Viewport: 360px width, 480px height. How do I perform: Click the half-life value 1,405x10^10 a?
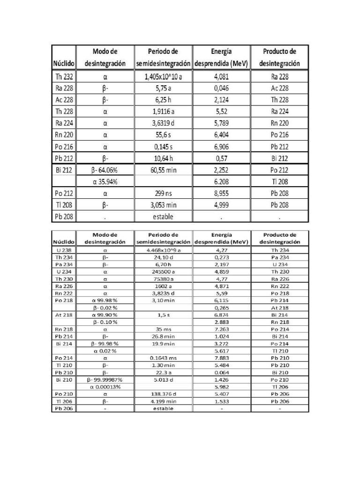163,76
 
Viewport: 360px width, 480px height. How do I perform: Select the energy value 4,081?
222,76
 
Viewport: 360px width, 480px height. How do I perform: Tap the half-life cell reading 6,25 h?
163,100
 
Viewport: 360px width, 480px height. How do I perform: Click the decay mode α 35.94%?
105,182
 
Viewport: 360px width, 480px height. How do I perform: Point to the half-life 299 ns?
163,193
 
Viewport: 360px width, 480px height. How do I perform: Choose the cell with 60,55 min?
163,170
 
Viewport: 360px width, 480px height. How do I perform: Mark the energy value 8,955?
222,193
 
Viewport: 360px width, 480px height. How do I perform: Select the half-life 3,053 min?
163,205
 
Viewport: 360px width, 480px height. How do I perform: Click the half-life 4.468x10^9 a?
163,250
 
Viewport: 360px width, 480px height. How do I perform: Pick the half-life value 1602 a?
163,286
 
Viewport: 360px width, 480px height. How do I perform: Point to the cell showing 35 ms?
163,329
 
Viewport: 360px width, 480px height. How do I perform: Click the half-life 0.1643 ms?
163,358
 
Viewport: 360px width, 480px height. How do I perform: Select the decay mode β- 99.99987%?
105,379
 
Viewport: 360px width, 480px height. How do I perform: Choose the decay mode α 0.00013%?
105,387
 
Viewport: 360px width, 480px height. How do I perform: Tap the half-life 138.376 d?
163,394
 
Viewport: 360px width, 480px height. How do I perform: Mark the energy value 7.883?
222,358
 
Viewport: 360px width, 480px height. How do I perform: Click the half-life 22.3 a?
163,372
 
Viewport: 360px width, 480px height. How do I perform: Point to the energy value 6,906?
222,147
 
